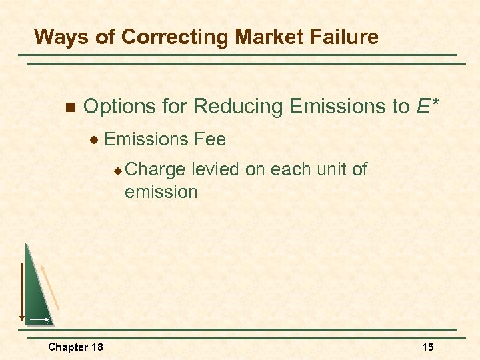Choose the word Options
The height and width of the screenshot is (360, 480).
(x=118, y=106)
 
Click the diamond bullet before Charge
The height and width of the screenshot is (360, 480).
(x=117, y=171)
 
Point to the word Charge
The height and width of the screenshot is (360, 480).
(x=155, y=170)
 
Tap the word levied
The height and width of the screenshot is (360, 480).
(x=215, y=170)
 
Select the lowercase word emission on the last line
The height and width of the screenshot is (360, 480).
(x=161, y=192)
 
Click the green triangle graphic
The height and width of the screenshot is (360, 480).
(x=37, y=293)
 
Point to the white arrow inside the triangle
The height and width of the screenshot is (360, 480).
(x=39, y=320)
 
